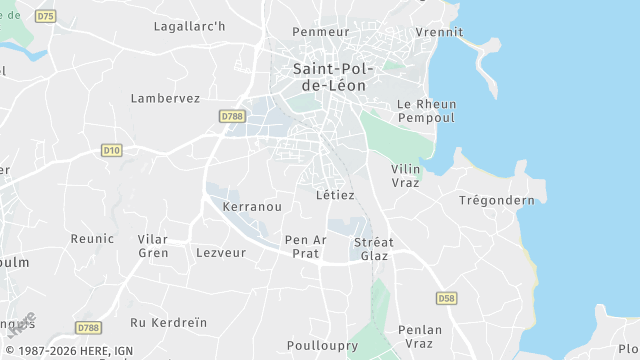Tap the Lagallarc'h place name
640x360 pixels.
(x=189, y=26)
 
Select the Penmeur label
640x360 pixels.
(x=321, y=32)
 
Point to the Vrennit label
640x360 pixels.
(x=439, y=32)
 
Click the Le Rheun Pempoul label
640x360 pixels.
(x=425, y=111)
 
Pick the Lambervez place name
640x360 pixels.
(x=165, y=98)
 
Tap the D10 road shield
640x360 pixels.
(x=112, y=150)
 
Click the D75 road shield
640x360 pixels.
(x=45, y=17)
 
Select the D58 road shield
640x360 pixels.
(x=446, y=298)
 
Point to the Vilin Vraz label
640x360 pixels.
(x=406, y=176)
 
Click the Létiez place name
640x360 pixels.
(x=334, y=195)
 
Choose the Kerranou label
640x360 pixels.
(x=252, y=206)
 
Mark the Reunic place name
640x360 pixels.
(x=92, y=238)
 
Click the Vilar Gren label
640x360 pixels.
(x=153, y=246)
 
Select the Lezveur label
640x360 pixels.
(x=221, y=253)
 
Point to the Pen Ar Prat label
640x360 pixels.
(x=305, y=247)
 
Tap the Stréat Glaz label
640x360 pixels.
(x=374, y=249)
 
